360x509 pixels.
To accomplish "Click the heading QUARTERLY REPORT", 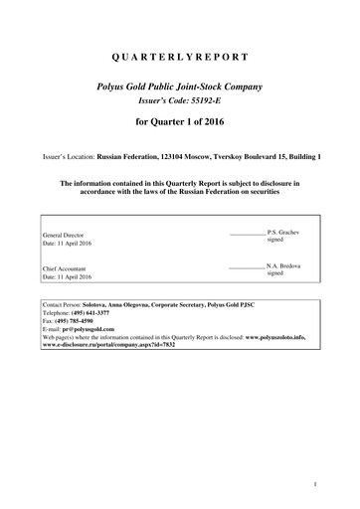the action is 180,57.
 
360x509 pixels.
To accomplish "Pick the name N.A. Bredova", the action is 279,266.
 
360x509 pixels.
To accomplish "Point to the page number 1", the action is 313,484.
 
